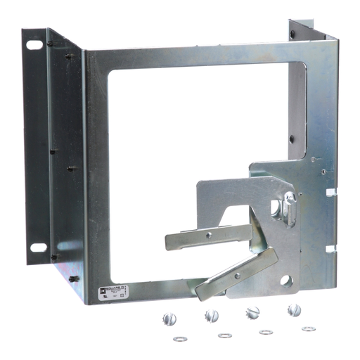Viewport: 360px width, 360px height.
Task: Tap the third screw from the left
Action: (252, 311)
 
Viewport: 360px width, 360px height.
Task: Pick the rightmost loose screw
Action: (294, 309)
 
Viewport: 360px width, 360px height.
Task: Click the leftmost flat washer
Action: (180, 339)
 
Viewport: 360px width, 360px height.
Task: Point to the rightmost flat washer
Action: (308, 328)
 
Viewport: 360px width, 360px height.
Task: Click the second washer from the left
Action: (224, 335)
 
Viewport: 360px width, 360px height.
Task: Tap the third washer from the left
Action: (266, 332)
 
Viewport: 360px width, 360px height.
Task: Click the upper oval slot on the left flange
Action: (34, 46)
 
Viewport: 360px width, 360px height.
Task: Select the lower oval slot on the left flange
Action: (38, 247)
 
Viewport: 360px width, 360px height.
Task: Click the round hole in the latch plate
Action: (286, 281)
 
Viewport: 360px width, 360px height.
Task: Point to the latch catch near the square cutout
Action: (288, 207)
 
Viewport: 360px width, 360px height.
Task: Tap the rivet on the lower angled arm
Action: (236, 276)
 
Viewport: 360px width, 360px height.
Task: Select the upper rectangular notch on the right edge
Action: (330, 191)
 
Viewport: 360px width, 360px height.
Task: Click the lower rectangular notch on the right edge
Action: (330, 249)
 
